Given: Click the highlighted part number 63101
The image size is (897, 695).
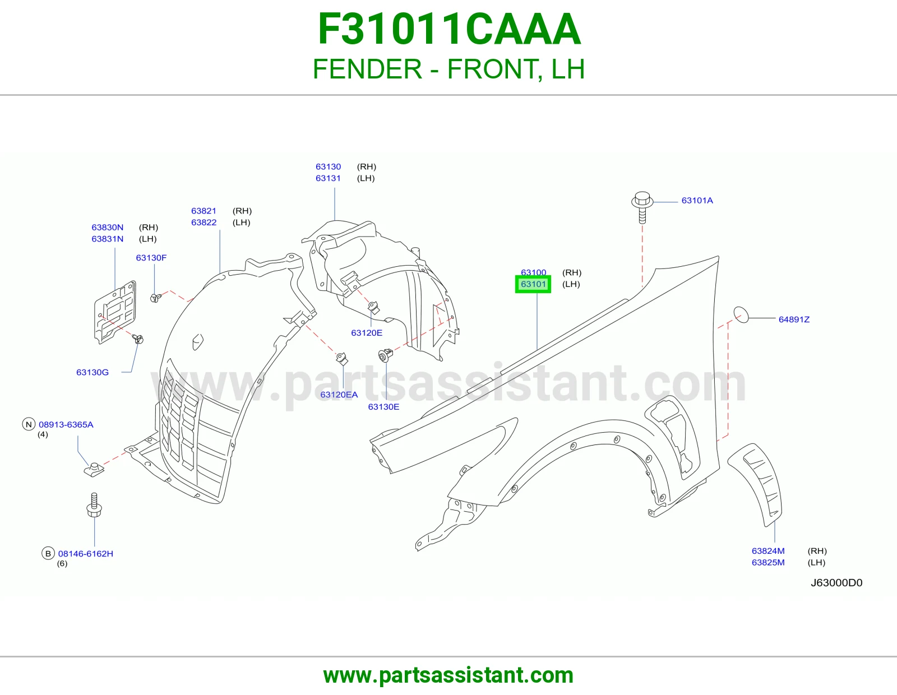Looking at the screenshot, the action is (x=533, y=284).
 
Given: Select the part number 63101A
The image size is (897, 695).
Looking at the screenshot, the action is (x=697, y=201).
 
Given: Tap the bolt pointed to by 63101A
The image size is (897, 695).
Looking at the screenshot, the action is (x=642, y=207).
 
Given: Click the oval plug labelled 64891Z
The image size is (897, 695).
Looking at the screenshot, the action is (x=741, y=315).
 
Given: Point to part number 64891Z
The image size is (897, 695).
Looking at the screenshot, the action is (x=794, y=319).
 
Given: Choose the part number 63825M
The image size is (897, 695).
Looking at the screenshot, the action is (x=768, y=563).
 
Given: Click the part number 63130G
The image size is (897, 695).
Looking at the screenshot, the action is (x=93, y=372).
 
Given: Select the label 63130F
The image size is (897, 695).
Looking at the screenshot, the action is (x=151, y=257).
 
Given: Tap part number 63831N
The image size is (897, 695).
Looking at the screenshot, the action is (x=107, y=239).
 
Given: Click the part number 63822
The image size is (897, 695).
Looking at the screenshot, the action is (x=204, y=223).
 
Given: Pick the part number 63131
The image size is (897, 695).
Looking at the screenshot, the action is (x=328, y=178).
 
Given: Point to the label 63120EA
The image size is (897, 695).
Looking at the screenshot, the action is (x=339, y=395).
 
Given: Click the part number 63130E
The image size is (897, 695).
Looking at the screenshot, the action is (x=383, y=407).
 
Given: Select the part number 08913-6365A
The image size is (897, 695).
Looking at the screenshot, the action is (x=66, y=425).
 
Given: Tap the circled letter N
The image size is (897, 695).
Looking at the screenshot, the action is (x=29, y=424).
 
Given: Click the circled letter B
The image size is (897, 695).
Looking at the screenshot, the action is (x=48, y=553).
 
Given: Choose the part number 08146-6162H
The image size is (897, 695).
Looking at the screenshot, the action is (x=85, y=554).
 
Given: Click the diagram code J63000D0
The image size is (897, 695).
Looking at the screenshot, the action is (x=836, y=583).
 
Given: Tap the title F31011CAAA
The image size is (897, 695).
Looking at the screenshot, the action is (x=449, y=29).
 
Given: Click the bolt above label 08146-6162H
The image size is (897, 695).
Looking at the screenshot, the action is (x=94, y=504).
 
